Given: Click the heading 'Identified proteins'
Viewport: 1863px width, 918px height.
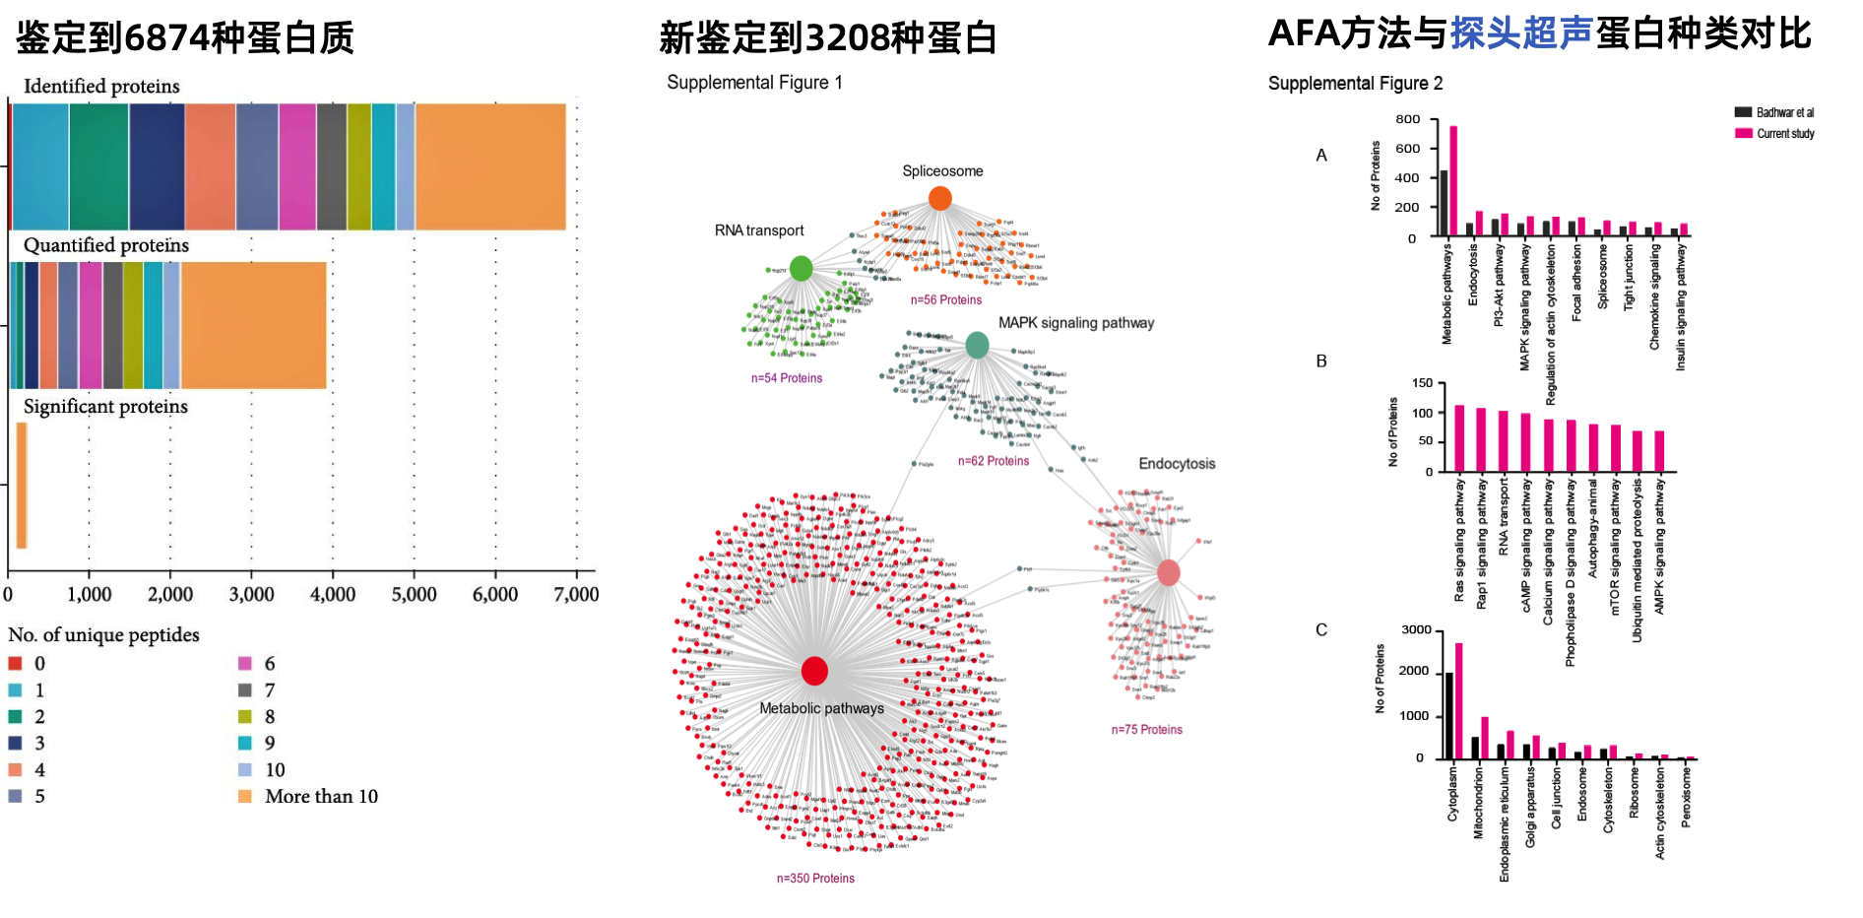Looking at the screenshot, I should (101, 87).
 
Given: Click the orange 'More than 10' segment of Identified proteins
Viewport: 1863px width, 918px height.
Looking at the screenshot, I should (490, 166).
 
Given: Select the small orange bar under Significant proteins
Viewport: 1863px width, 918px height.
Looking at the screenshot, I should (22, 485).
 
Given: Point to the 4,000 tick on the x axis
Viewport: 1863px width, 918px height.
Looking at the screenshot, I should (333, 594).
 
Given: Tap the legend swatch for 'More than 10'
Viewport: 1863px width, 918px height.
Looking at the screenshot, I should (245, 796).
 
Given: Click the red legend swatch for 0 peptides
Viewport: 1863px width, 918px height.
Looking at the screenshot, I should (15, 663).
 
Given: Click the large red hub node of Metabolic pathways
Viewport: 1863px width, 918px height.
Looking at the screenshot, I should (814, 671).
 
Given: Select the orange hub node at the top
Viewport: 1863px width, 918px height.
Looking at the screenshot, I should (940, 198).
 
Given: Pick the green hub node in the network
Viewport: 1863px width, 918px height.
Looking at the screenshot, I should (801, 268).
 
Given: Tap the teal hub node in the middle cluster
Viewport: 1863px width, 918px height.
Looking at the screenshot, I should (977, 345).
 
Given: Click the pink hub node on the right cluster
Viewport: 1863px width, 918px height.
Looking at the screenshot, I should (1169, 572).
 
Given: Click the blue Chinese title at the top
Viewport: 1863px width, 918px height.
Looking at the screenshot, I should (1521, 33).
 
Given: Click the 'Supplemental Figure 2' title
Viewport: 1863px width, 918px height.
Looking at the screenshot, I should (1355, 84).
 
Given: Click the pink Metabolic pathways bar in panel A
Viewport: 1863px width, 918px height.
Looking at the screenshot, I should (1453, 181).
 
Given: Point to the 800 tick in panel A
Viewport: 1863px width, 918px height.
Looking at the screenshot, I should (1408, 119).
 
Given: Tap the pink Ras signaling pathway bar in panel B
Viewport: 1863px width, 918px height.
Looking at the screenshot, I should (1459, 438).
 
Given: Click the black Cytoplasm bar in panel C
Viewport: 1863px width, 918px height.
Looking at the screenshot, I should (1448, 715).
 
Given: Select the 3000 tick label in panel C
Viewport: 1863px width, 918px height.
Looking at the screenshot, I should (1416, 630).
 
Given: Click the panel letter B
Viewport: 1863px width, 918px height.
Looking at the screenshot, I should (1321, 361).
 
